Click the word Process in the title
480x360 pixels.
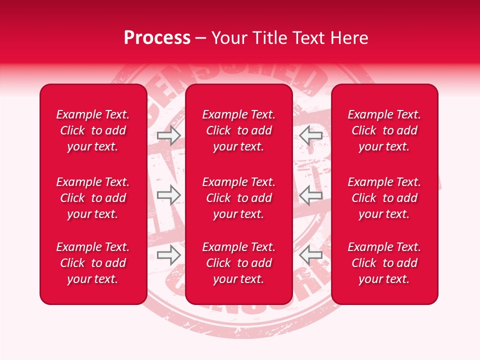157,38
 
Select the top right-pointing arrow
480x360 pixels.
168,135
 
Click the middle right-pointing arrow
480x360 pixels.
168,195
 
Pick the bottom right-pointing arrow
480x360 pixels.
168,255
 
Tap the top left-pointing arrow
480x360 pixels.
311,135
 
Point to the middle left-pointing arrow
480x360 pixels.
311,195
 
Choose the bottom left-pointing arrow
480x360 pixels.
311,255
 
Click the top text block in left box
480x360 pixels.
93,130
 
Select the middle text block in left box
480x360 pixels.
93,198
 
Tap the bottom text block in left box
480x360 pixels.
93,263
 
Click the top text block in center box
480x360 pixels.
239,130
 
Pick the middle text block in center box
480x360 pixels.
239,198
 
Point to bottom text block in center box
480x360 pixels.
239,263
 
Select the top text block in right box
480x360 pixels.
384,130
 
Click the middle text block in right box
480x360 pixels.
384,198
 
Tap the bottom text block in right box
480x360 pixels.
384,263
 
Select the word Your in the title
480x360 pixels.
228,38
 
